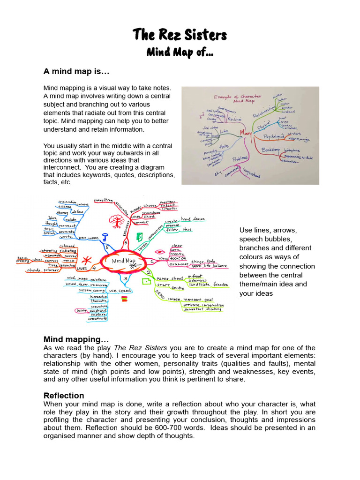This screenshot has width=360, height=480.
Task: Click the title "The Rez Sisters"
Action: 180,35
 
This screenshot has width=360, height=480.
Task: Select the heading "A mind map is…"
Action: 76,72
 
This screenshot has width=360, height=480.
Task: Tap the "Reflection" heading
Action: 64,395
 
